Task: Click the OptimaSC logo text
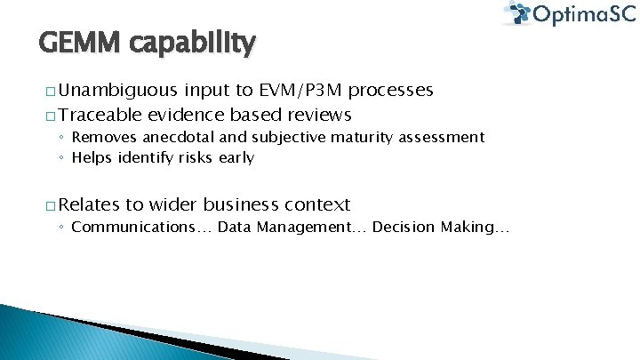coord(582,15)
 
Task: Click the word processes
coord(391,91)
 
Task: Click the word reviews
coord(318,115)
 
